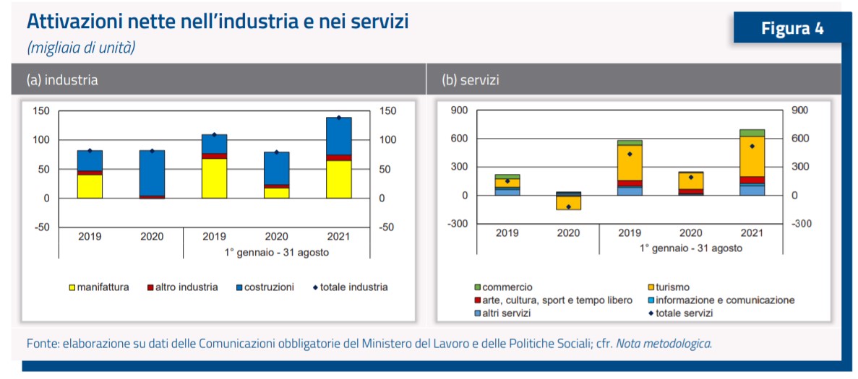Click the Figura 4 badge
[x=792, y=28]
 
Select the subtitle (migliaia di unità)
[x=81, y=48]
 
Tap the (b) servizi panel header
[x=470, y=80]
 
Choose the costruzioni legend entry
[x=268, y=287]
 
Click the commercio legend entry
[x=507, y=287]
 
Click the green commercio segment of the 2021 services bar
[x=752, y=133]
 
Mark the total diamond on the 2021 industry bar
[x=338, y=118]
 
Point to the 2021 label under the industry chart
[x=338, y=236]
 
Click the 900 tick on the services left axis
[x=459, y=110]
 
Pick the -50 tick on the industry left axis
[x=41, y=227]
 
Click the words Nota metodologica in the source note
[x=662, y=343]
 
